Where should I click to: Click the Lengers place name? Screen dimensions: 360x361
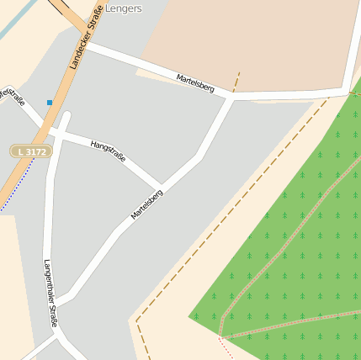123,8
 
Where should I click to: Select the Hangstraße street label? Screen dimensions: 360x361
108,151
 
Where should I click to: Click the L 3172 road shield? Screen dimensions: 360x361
31,151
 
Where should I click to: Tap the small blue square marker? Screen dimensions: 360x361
50,103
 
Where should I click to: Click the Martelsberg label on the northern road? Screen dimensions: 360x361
195,82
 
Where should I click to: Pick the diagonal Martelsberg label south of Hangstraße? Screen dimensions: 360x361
146,204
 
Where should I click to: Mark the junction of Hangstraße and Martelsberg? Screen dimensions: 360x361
162,185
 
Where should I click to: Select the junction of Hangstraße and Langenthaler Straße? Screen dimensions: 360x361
56,131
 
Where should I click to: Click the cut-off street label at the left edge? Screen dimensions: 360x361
12,96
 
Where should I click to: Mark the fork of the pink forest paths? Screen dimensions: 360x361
222,336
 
